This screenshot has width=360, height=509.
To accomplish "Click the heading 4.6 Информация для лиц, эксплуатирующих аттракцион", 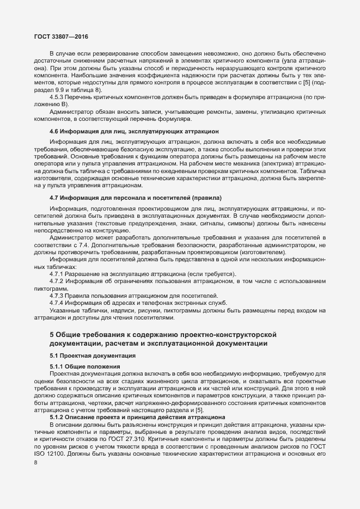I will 135,131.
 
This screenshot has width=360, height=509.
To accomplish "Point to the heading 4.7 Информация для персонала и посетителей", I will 135,197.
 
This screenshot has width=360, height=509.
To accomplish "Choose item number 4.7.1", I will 57,273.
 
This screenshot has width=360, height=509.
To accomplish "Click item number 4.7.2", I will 57,280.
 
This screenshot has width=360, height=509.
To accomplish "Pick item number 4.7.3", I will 57,295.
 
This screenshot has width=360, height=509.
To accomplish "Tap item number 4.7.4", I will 57,302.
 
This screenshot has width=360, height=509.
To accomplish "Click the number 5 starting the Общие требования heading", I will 51,334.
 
